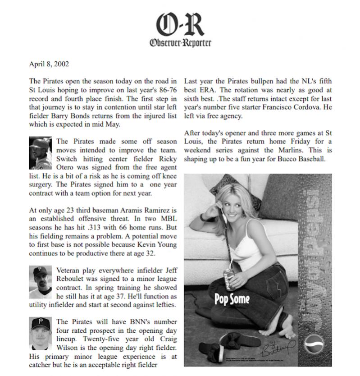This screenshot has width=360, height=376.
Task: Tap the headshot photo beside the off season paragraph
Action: (x=40, y=152)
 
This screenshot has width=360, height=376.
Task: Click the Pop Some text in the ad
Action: (x=232, y=299)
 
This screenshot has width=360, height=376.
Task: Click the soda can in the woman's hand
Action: (x=229, y=280)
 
